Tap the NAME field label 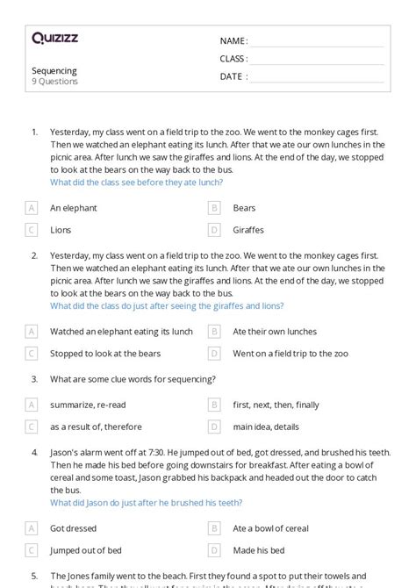click(233, 40)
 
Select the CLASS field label click(233, 59)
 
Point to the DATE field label click(233, 76)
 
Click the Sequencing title click(54, 71)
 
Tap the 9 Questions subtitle click(55, 82)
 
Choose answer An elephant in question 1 click(74, 208)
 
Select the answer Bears click(244, 208)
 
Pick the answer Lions click(61, 230)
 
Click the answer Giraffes click(249, 230)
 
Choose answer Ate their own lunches click(275, 332)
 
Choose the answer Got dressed click(74, 528)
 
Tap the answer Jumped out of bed click(86, 549)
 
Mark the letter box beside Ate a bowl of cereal click(213, 528)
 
